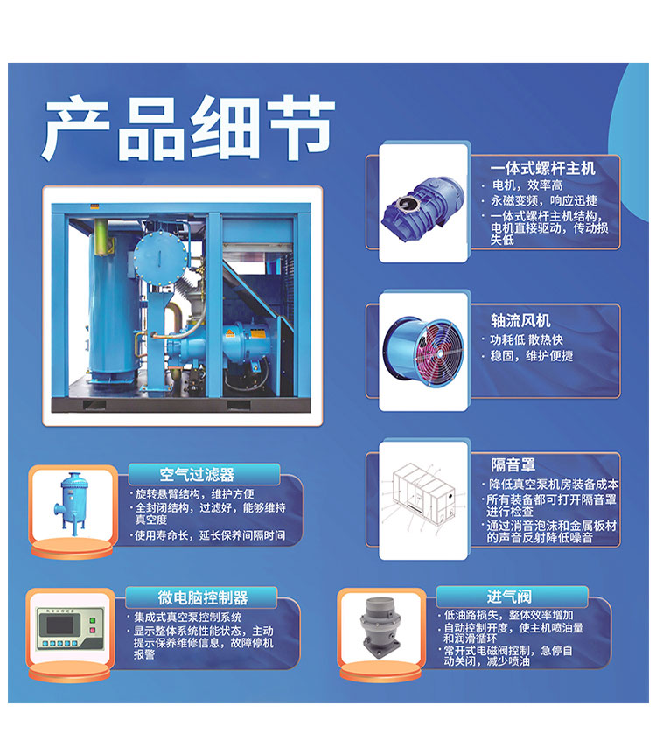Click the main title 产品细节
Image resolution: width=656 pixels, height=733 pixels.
188,129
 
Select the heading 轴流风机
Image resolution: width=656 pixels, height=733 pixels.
521,320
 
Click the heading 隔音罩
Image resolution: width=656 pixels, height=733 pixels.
512,464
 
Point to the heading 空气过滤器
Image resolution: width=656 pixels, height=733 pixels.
197,475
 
